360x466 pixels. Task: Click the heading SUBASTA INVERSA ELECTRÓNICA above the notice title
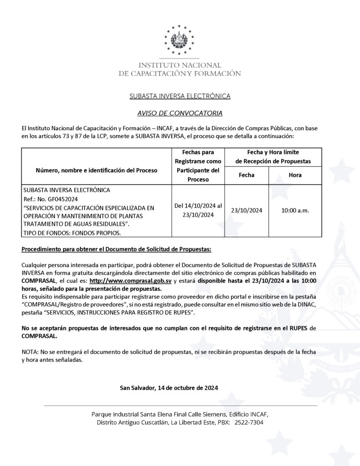click(180, 96)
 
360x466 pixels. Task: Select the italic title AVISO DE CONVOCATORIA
click(180, 112)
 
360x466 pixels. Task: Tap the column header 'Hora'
click(295, 175)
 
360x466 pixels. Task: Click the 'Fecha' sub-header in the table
click(247, 175)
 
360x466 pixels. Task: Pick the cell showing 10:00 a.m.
click(295, 210)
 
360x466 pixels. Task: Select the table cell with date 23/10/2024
click(247, 210)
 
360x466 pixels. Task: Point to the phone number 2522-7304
click(248, 422)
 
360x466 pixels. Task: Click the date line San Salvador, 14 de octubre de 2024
click(169, 388)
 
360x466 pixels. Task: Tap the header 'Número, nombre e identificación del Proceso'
click(96, 170)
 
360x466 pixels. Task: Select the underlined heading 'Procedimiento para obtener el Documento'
click(117, 250)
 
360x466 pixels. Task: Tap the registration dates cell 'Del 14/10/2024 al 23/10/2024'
click(198, 210)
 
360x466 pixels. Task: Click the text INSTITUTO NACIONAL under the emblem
click(180, 65)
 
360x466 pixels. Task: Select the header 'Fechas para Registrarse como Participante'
click(198, 166)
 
